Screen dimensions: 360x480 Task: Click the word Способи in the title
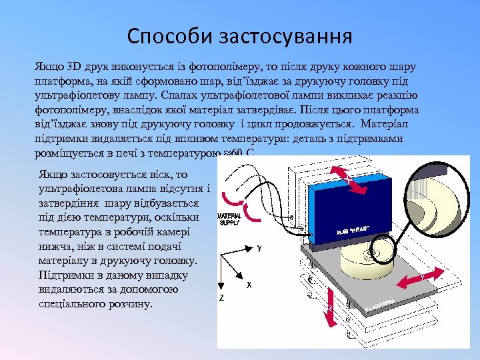coord(169,35)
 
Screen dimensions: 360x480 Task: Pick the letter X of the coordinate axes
coord(249,285)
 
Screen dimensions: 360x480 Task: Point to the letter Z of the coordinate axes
coord(221,297)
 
